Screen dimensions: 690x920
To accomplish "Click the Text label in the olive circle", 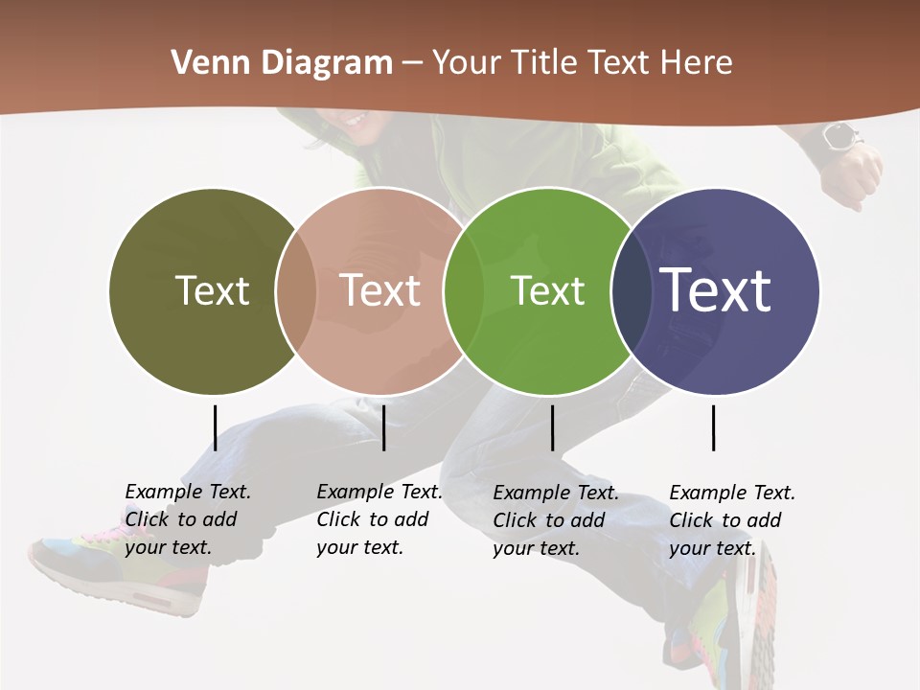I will tap(212, 290).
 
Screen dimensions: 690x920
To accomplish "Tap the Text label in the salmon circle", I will tap(380, 290).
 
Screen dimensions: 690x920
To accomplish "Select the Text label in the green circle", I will tap(547, 290).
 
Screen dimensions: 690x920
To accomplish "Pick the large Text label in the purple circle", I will tap(716, 290).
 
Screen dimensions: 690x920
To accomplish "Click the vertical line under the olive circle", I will tap(215, 427).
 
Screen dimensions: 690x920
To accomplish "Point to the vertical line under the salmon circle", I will tap(383, 427).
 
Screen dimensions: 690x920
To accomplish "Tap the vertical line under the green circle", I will tap(552, 427).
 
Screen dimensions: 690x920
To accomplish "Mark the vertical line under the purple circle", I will tap(713, 427).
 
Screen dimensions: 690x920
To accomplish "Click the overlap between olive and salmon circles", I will tap(296, 290).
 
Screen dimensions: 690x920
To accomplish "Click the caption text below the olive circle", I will tap(188, 519).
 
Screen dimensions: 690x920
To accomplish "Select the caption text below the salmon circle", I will tap(379, 519).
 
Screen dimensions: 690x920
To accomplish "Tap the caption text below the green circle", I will tap(556, 520).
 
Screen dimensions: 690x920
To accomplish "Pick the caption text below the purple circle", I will tap(732, 520).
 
